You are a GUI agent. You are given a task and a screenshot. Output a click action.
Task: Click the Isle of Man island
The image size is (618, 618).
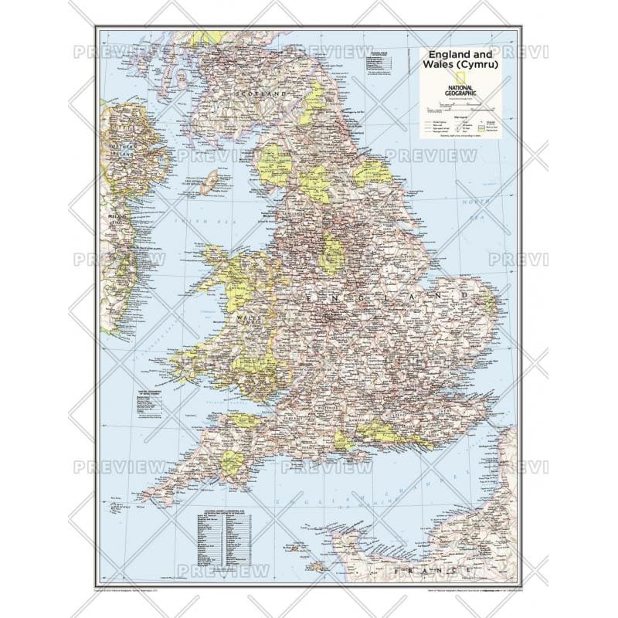click(209, 182)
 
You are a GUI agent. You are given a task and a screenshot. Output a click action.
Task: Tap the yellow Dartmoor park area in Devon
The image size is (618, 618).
click(231, 463)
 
